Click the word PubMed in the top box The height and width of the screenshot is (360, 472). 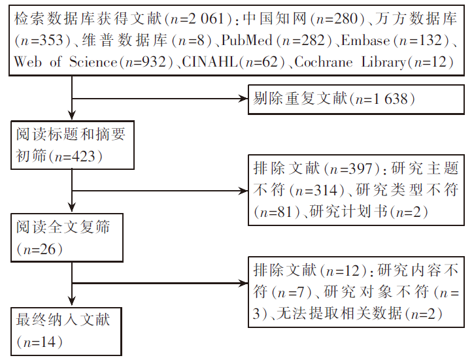pyautogui.click(x=247, y=41)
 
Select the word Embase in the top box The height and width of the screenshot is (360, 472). pyautogui.click(x=365, y=41)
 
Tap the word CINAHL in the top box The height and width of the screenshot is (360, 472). pyautogui.click(x=209, y=62)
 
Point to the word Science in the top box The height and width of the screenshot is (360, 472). pyautogui.click(x=93, y=62)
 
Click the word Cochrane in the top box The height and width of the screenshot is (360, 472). pyautogui.click(x=324, y=62)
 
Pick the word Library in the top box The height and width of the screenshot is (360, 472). pyautogui.click(x=384, y=63)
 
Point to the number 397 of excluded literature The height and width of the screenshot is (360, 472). pyautogui.click(x=360, y=169)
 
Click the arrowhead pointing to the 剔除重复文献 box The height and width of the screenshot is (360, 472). pyautogui.click(x=243, y=99)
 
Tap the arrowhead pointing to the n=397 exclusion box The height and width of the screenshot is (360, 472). pyautogui.click(x=243, y=191)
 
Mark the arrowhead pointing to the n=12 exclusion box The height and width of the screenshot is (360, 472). pyautogui.click(x=243, y=283)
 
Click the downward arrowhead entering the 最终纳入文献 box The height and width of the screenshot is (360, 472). pyautogui.click(x=72, y=301)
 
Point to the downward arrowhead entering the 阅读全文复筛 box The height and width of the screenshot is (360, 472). pyautogui.click(x=72, y=207)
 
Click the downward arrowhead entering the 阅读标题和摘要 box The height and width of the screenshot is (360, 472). pyautogui.click(x=72, y=114)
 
